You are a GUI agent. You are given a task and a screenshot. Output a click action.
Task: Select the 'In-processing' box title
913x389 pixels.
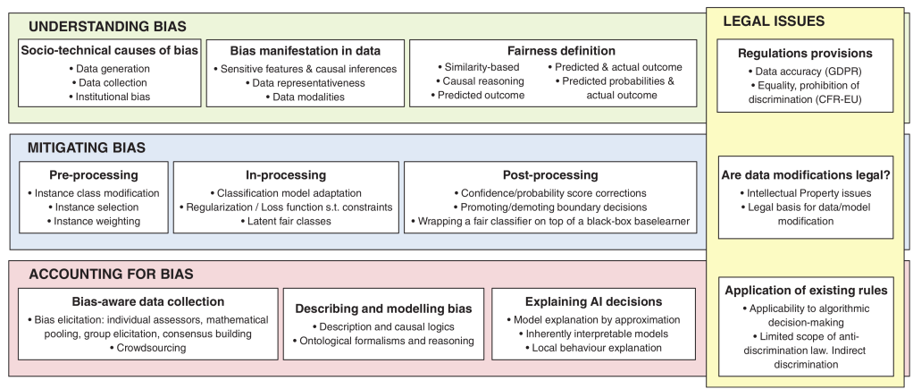(286, 174)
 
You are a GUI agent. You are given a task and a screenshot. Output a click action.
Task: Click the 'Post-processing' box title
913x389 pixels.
(550, 174)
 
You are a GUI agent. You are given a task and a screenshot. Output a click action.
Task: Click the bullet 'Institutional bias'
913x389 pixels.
(111, 96)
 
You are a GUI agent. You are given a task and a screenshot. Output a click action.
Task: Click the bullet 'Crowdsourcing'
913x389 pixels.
(145, 348)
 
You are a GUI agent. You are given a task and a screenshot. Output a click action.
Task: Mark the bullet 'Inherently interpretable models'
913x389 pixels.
(591, 334)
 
